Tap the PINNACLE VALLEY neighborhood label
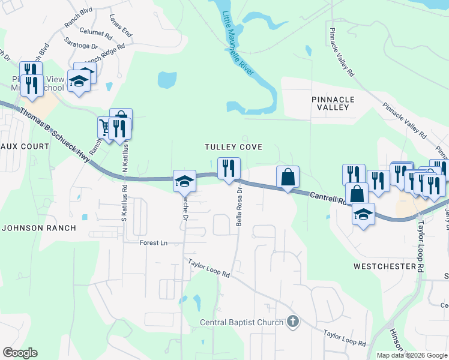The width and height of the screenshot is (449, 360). coord(333,103)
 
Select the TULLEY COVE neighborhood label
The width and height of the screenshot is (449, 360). coord(234,147)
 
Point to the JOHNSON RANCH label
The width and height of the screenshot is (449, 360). coord(39,228)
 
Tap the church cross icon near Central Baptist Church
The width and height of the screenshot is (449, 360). coord(292,322)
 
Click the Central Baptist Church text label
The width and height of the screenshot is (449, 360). coord(241,323)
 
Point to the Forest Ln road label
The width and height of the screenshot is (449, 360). coord(153,243)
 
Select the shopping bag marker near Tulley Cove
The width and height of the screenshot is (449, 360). coord(288,177)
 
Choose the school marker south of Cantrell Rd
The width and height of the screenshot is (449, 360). coord(363,214)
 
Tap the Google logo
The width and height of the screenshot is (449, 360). coord(20,353)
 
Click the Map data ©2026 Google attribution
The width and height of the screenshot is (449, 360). coord(411,355)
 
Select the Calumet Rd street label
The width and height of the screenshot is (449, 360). coord(95,34)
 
